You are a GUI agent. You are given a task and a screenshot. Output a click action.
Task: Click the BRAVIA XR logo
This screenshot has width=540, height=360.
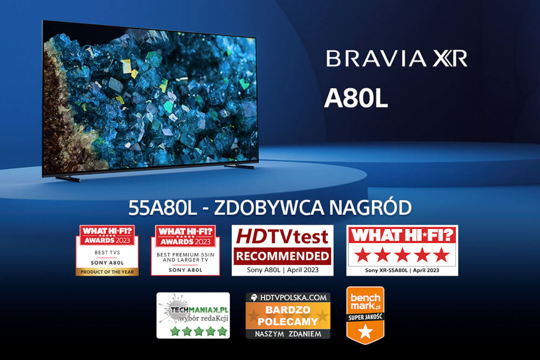pyautogui.click(x=396, y=58)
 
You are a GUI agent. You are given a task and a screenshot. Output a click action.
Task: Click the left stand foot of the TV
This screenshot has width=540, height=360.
pyautogui.click(x=67, y=178)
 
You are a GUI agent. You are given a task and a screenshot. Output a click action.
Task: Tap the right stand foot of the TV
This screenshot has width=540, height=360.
pyautogui.click(x=239, y=166)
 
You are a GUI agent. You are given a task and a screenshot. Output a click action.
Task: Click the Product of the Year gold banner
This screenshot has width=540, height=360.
pyautogui.click(x=107, y=271)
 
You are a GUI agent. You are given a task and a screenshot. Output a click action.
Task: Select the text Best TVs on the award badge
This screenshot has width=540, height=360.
pyautogui.click(x=107, y=252)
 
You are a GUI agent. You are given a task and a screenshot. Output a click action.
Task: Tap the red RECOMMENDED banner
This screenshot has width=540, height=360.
pyautogui.click(x=282, y=255)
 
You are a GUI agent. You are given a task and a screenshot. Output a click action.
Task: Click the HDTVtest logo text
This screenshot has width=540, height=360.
pyautogui.click(x=282, y=236)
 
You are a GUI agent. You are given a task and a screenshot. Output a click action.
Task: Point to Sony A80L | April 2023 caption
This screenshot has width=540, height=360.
pyautogui.click(x=282, y=270)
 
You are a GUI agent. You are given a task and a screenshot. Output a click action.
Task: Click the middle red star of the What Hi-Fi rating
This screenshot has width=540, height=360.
pyautogui.click(x=402, y=254)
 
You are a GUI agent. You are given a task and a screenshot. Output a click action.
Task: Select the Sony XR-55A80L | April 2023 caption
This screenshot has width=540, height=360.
pyautogui.click(x=402, y=270)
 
